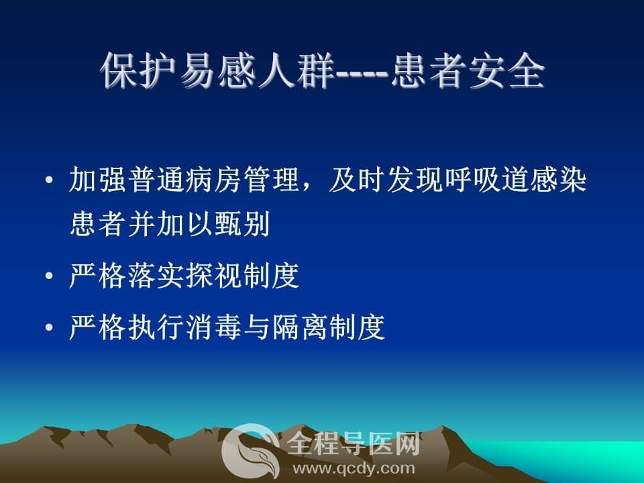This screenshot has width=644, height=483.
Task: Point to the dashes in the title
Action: point(362,74)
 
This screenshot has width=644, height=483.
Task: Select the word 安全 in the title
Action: point(506,70)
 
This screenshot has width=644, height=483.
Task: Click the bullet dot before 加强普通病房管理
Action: point(49,180)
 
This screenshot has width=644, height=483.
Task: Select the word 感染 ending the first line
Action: point(557,180)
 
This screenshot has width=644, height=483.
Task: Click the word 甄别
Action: point(241,224)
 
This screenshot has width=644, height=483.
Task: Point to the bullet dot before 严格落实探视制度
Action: point(49,276)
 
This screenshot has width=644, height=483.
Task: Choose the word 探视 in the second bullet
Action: point(213,275)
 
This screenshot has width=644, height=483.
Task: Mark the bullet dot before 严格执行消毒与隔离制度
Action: point(49,327)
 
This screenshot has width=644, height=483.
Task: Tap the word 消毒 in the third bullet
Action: point(213,327)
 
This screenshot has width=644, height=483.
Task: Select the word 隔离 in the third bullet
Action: point(299,327)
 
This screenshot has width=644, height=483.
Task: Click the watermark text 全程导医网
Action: point(354,443)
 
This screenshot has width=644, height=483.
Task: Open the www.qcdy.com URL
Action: point(354,468)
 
